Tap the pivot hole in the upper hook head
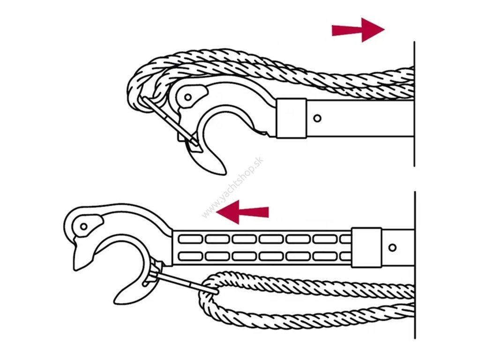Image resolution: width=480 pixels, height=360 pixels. (x=188, y=97)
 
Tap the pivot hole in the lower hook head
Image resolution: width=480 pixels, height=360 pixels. (x=83, y=226)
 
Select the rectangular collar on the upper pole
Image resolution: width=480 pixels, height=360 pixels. (x=291, y=118)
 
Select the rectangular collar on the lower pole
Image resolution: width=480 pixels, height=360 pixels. (x=366, y=247)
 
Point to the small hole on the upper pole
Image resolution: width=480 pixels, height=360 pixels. (x=318, y=118)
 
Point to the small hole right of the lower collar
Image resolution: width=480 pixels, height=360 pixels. (x=392, y=247)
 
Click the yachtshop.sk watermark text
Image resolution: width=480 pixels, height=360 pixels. (x=233, y=187)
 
